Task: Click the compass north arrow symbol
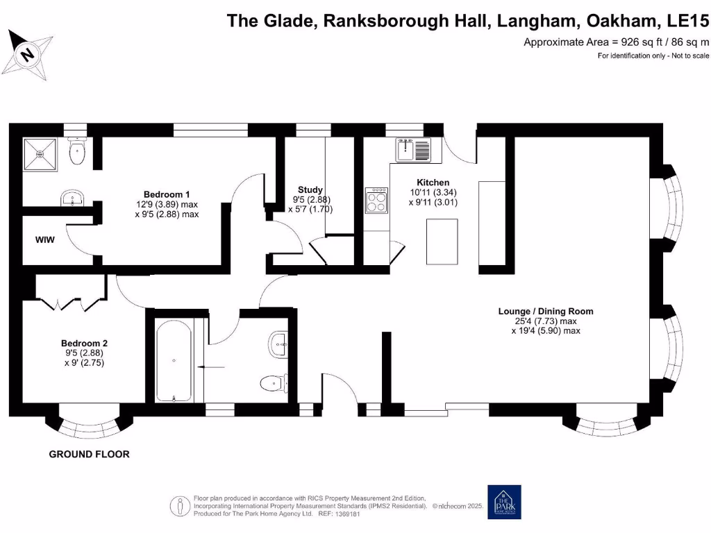click(x=28, y=53)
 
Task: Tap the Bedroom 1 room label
click(x=167, y=194)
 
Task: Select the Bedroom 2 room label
click(x=84, y=343)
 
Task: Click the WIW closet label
click(x=45, y=240)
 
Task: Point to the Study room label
click(x=310, y=189)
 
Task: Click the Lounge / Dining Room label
click(x=546, y=312)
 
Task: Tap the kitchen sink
click(x=413, y=149)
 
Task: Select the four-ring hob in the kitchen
click(x=377, y=200)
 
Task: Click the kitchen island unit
click(x=442, y=241)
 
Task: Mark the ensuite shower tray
click(x=40, y=153)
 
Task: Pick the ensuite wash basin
click(x=72, y=199)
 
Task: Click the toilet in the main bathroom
click(x=275, y=382)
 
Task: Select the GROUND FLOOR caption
click(x=89, y=455)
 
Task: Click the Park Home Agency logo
click(x=503, y=502)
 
